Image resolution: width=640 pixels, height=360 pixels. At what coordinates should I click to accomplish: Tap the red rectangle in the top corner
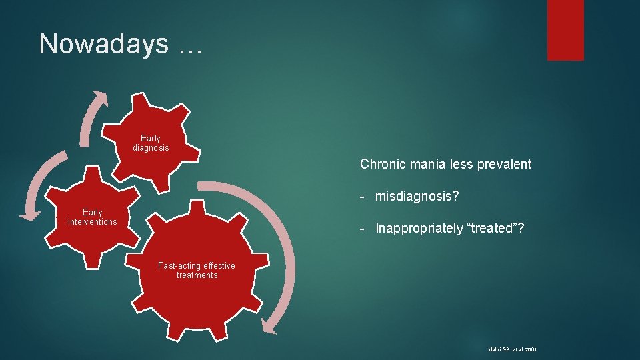tap(565, 30)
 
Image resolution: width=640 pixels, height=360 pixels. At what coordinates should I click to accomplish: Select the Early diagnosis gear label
tap(151, 143)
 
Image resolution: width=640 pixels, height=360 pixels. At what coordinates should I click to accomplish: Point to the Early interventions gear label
tap(92, 217)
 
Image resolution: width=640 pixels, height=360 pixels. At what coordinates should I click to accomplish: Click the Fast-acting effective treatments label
tap(197, 270)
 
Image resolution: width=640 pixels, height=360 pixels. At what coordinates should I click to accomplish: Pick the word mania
tap(428, 164)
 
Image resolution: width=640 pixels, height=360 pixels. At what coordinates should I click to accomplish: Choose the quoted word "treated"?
tap(497, 228)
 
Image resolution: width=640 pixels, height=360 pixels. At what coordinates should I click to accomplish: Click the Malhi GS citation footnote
tap(513, 349)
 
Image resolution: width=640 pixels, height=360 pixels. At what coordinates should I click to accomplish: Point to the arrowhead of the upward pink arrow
tap(100, 96)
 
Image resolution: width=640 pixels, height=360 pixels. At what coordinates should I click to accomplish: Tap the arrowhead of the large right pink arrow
tap(269, 327)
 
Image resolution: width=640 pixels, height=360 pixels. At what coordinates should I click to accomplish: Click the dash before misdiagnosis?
tap(361, 196)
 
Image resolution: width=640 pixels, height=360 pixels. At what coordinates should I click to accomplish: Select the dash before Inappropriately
tap(361, 228)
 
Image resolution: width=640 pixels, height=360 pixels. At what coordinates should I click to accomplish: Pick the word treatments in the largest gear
tap(197, 275)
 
